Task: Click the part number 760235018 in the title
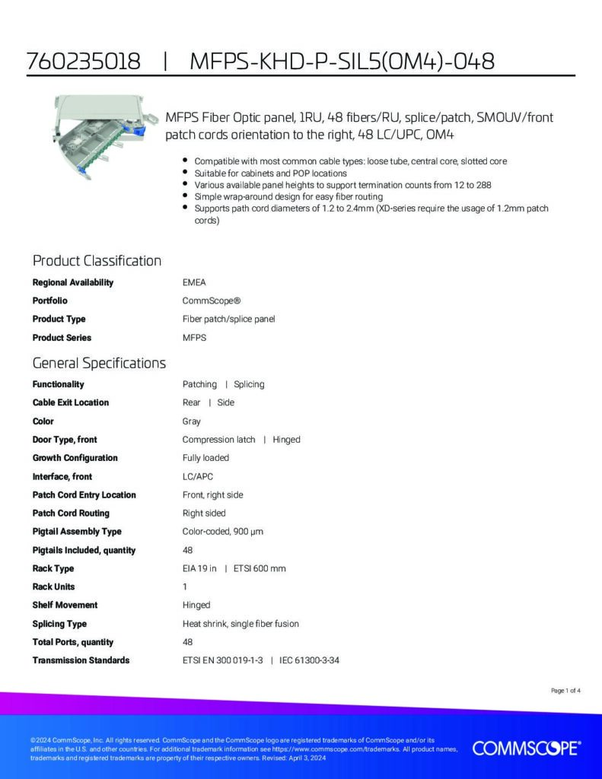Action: [84, 62]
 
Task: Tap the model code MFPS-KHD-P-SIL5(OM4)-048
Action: [342, 62]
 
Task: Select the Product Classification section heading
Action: [97, 261]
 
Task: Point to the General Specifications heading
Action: [99, 363]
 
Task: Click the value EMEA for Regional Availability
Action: [194, 282]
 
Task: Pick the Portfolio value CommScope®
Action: [208, 300]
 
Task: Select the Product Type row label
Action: [59, 319]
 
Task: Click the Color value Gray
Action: [191, 421]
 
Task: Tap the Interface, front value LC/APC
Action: [198, 476]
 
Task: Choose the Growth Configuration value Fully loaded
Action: [205, 458]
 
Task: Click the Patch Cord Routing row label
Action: [71, 513]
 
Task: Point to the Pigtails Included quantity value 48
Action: [187, 550]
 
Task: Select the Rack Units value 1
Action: [185, 587]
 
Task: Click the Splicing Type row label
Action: [59, 624]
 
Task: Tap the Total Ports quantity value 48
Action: [187, 642]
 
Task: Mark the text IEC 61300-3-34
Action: [309, 660]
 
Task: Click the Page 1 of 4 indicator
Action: [565, 691]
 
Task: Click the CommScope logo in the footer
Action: [527, 749]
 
